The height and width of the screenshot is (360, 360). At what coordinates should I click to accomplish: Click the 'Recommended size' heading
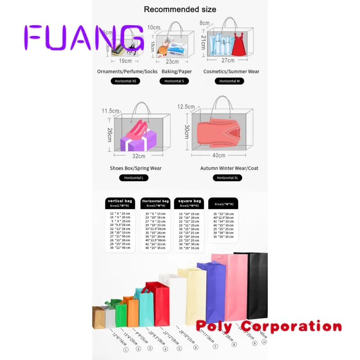(180, 9)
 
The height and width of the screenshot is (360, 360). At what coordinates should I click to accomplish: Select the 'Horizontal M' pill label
(229, 81)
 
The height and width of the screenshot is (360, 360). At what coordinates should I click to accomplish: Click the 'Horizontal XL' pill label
(228, 178)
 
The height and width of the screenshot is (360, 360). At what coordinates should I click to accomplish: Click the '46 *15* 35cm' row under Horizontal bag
(155, 247)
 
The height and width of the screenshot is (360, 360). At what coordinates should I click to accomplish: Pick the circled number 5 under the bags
(179, 349)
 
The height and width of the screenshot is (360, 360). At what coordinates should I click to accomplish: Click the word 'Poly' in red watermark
(213, 326)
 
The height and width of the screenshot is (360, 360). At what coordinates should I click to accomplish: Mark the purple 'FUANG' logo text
(84, 37)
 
